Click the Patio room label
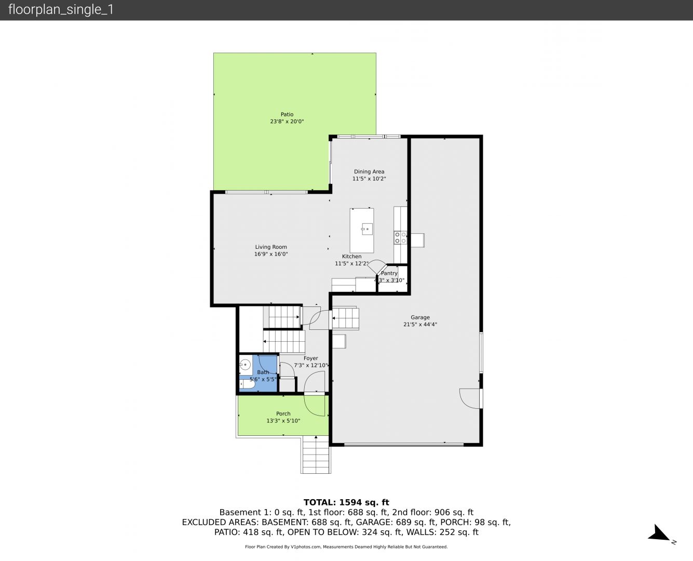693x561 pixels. [x=287, y=114]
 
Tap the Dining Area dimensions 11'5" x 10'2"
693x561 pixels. [x=369, y=179]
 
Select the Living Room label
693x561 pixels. [x=271, y=247]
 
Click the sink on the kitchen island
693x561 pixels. [x=366, y=229]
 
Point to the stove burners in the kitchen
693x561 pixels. [x=400, y=238]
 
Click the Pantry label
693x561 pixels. [x=389, y=274]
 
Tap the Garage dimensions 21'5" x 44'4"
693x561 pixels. [x=420, y=324]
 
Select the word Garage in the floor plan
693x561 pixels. [x=420, y=317]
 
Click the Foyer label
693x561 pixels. [x=311, y=358]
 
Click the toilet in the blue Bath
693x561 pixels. [x=247, y=384]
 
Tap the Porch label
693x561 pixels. [x=283, y=413]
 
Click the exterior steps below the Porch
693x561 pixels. [x=315, y=455]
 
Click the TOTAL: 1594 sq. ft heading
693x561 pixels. [x=346, y=502]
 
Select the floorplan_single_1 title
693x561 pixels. [x=61, y=10]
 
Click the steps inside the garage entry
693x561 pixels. [x=345, y=318]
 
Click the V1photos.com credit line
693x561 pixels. [x=346, y=546]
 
